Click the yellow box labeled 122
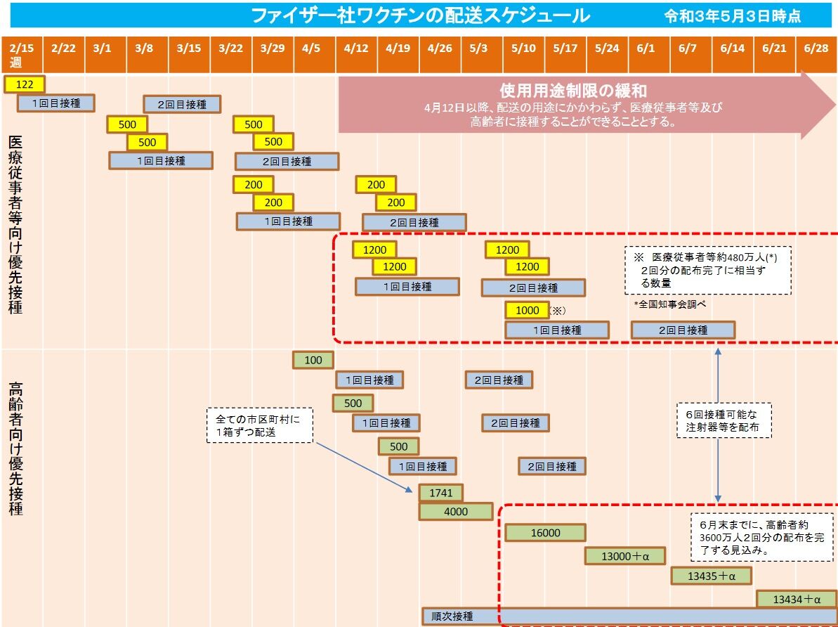tap(25, 84)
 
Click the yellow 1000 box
tap(527, 310)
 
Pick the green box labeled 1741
tap(441, 493)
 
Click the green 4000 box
tap(456, 512)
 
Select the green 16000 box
tap(545, 533)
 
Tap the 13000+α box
tap(625, 556)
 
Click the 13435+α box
tap(712, 576)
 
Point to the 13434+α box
tap(797, 599)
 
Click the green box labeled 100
tap(313, 360)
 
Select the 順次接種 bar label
tap(452, 616)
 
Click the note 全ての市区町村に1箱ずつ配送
tap(260, 425)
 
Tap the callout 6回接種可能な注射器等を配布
tap(724, 420)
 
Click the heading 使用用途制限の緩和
tap(573, 91)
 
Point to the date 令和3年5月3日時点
tap(733, 16)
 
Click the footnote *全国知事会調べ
tap(670, 304)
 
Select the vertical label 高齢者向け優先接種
tap(15, 448)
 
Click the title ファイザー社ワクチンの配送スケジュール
tap(420, 15)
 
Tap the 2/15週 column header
tap(21, 55)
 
